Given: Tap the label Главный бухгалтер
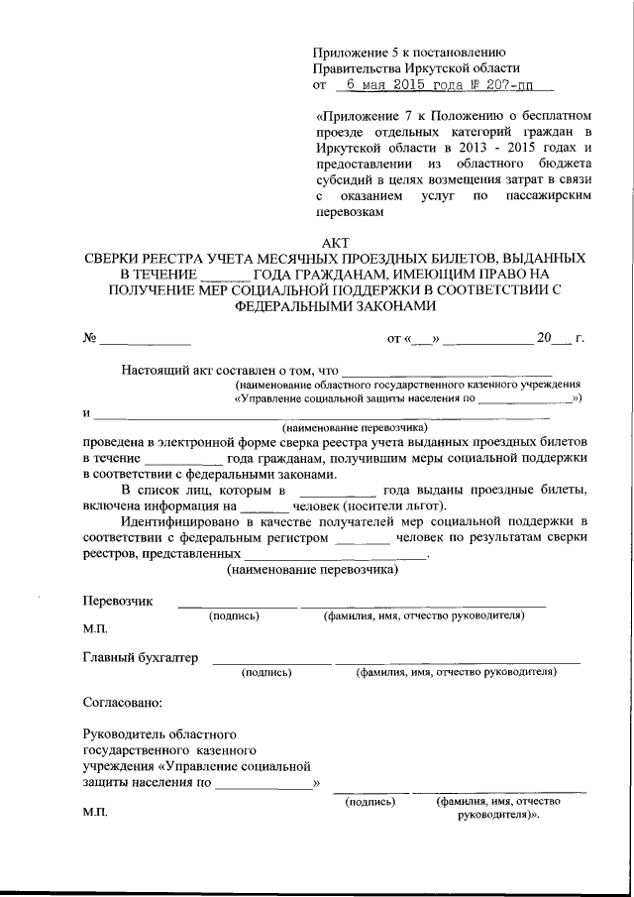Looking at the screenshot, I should [141, 657].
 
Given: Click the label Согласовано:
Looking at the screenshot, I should [121, 703].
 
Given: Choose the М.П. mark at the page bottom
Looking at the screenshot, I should [95, 814].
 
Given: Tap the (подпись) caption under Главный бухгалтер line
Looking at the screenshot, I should [266, 672].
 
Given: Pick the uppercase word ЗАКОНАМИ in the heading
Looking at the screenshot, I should [394, 306].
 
